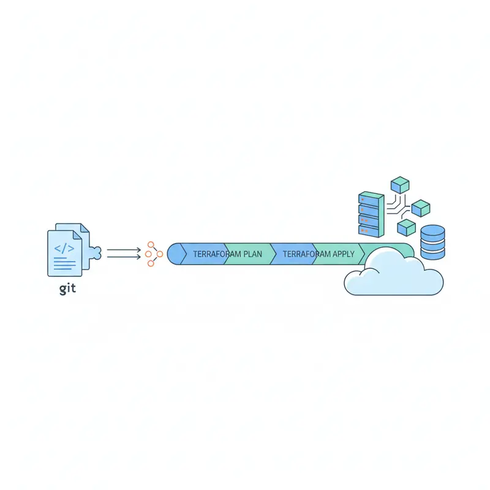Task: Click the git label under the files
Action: pyautogui.click(x=67, y=288)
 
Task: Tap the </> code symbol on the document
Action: pyautogui.click(x=64, y=249)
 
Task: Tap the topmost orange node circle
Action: pyautogui.click(x=151, y=244)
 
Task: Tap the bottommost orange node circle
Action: pyautogui.click(x=151, y=263)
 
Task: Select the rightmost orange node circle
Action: pyautogui.click(x=160, y=254)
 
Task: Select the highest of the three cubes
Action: pyautogui.click(x=400, y=184)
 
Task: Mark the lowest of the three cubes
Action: pyautogui.click(x=407, y=228)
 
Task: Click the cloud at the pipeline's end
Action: pyautogui.click(x=392, y=276)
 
